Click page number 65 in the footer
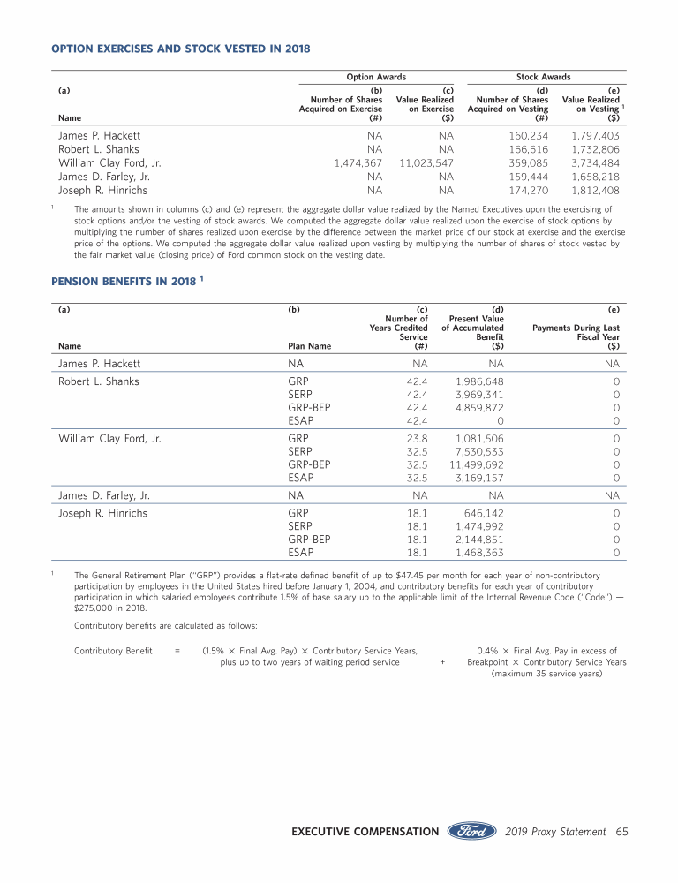[621, 831]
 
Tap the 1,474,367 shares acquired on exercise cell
[358, 163]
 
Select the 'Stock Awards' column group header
[543, 77]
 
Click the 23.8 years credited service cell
[418, 437]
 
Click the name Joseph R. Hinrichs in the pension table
[102, 512]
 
